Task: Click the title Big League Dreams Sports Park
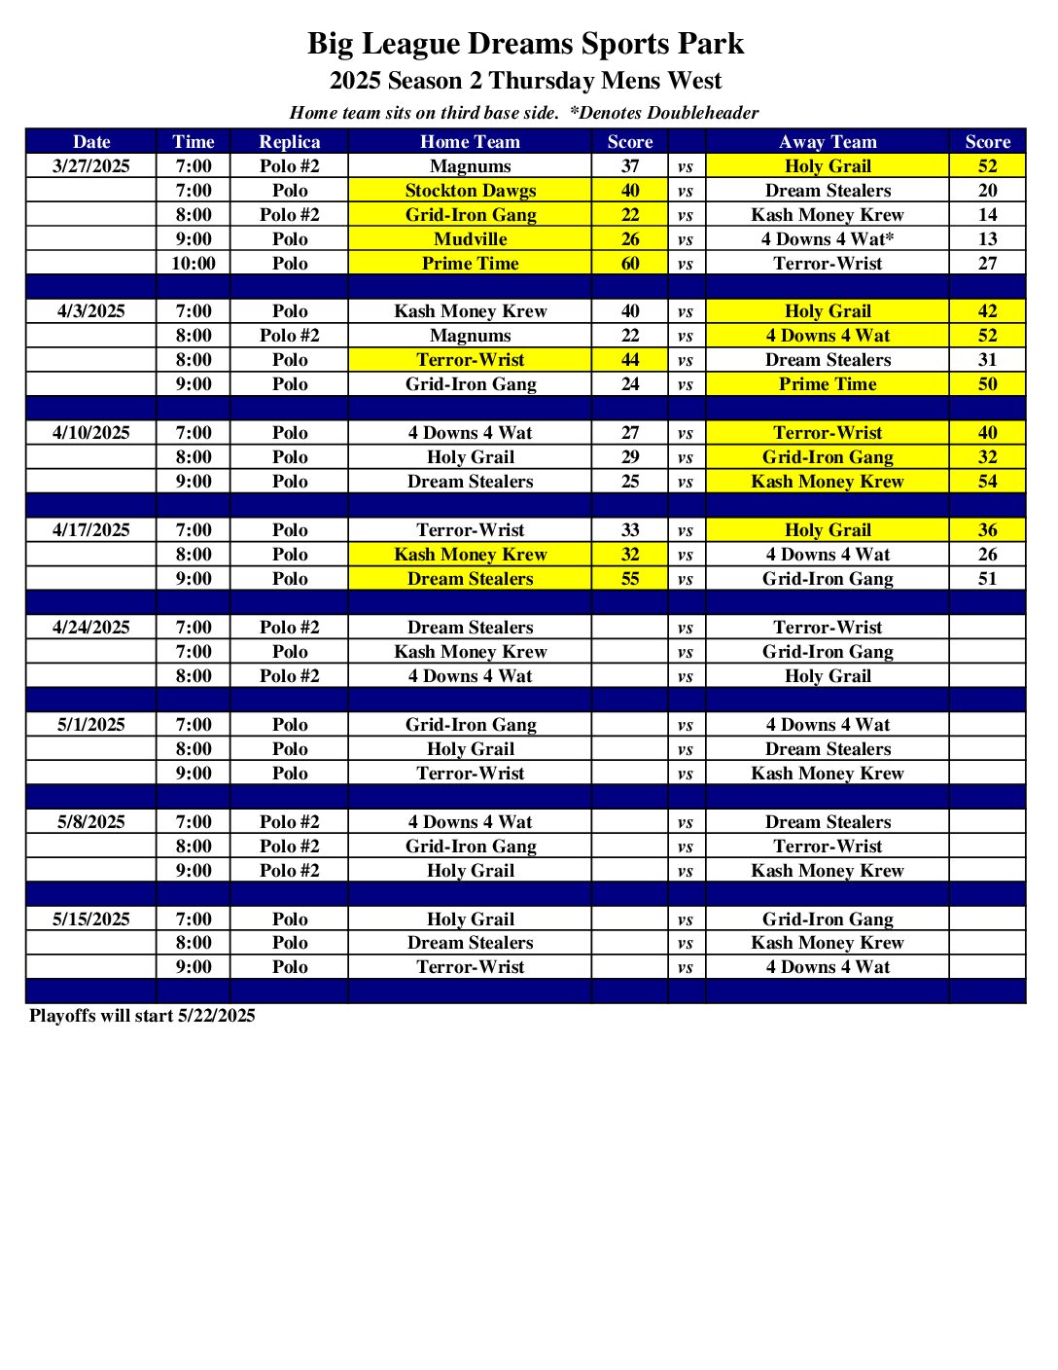525,44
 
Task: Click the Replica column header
289,142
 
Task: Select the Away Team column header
828,142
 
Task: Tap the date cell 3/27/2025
91,166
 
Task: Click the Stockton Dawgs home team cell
470,191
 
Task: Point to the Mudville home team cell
470,239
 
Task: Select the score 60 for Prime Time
630,264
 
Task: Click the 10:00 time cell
194,264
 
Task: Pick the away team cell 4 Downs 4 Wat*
828,239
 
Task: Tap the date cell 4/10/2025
91,433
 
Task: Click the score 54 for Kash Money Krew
987,482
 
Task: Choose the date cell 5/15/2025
91,919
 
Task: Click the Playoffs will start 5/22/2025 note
142,1016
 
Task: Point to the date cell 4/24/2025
91,628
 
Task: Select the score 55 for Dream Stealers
630,579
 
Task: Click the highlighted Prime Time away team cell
828,384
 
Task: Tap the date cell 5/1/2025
91,725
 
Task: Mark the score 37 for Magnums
630,166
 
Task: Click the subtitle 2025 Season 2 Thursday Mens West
525,81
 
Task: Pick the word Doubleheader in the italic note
703,113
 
